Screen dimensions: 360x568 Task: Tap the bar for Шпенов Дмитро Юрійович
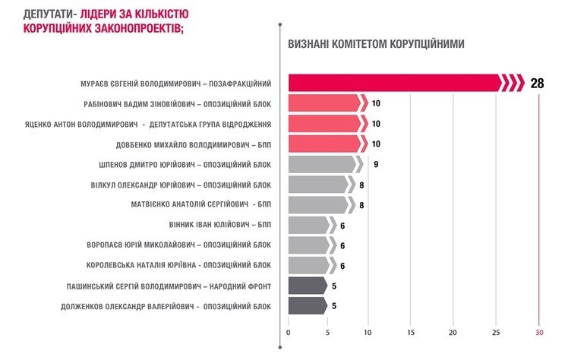(x=323, y=164)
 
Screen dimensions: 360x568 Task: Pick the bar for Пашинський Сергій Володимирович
(x=308, y=286)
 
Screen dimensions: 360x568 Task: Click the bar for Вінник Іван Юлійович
(x=310, y=225)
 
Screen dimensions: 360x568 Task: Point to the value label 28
(x=537, y=83)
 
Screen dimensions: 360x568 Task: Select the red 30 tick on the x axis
(x=539, y=332)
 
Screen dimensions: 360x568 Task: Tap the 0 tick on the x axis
(x=289, y=332)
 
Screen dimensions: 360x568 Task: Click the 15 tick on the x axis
(x=411, y=332)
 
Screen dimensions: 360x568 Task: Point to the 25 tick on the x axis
(x=496, y=332)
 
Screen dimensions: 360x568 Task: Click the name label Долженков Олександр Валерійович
(x=166, y=307)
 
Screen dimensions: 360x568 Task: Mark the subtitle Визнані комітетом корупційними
(x=377, y=43)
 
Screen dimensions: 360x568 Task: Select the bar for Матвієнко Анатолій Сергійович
(x=320, y=204)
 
